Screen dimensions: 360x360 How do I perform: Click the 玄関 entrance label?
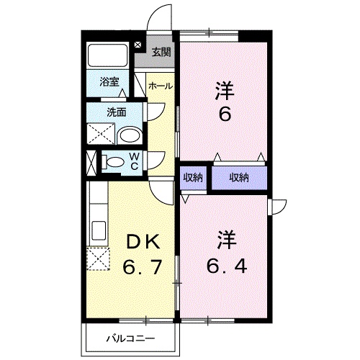click(x=162, y=52)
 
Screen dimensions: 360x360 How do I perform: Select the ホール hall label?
click(x=160, y=86)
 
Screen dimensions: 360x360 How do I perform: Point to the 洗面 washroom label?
click(x=117, y=112)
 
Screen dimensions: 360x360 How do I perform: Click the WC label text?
click(x=135, y=161)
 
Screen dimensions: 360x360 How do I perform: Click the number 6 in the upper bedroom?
click(x=225, y=114)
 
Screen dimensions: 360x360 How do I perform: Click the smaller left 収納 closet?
click(x=192, y=178)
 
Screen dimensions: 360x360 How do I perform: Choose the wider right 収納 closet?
click(x=239, y=178)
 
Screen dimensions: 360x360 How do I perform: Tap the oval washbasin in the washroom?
click(x=129, y=135)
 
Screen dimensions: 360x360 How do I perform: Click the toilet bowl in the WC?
click(x=114, y=161)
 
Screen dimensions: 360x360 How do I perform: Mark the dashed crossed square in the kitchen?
click(x=96, y=258)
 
